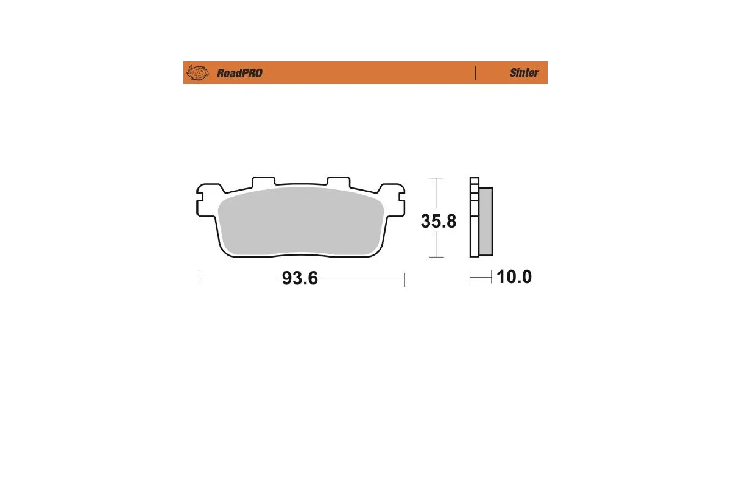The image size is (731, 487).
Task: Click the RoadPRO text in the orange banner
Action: click(239, 73)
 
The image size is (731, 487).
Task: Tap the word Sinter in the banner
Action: click(524, 72)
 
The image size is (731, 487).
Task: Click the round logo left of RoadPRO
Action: click(197, 73)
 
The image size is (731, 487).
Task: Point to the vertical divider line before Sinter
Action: click(475, 72)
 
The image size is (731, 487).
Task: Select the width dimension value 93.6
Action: click(300, 278)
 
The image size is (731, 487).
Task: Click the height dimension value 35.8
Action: click(438, 221)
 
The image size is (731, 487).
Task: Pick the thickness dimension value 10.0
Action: click(514, 278)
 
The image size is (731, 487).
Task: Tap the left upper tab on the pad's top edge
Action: click(263, 182)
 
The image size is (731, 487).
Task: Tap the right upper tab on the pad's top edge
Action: click(339, 182)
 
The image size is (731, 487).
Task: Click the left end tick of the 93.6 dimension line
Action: click(199, 278)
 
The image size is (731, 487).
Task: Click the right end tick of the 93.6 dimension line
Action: click(404, 278)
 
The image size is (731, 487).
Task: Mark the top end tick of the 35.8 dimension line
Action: click(435, 178)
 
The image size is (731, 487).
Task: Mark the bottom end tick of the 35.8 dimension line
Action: click(435, 257)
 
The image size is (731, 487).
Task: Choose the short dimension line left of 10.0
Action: click(481, 278)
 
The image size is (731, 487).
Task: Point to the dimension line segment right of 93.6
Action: click(362, 278)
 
